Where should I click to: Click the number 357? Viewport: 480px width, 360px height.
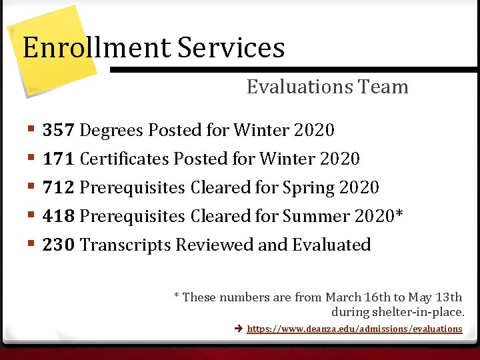click(x=59, y=130)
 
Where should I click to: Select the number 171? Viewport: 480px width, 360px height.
click(x=59, y=159)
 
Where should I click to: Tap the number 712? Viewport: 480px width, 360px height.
click(x=59, y=187)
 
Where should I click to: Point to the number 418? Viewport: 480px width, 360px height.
click(x=59, y=216)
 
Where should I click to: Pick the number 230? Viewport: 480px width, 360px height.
click(x=59, y=245)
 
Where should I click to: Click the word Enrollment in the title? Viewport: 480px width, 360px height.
click(x=97, y=47)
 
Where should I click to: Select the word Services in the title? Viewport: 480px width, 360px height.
click(x=231, y=47)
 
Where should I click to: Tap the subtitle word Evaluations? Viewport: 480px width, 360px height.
click(x=299, y=87)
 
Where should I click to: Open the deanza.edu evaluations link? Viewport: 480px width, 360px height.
click(x=354, y=329)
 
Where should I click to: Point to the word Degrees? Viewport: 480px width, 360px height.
click(x=111, y=130)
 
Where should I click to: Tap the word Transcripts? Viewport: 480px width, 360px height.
click(x=125, y=245)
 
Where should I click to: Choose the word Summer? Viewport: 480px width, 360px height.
click(x=317, y=216)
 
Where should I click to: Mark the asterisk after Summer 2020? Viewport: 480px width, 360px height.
click(x=399, y=214)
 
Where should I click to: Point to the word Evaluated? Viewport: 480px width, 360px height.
click(x=331, y=245)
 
